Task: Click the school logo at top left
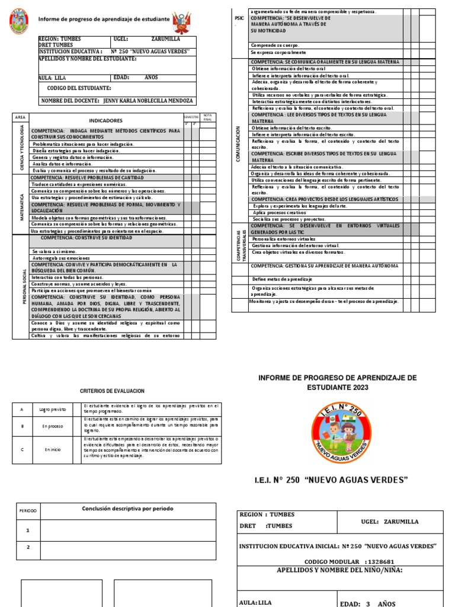point(22,21)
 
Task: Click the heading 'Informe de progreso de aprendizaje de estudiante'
point(104,20)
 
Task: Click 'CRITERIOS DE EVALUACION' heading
point(112,391)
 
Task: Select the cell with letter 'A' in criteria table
point(22,410)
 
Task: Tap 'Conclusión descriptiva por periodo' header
point(127,509)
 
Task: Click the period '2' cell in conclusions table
point(28,548)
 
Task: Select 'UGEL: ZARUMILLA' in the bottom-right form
point(389,522)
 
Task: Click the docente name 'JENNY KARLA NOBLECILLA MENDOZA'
point(148,101)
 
